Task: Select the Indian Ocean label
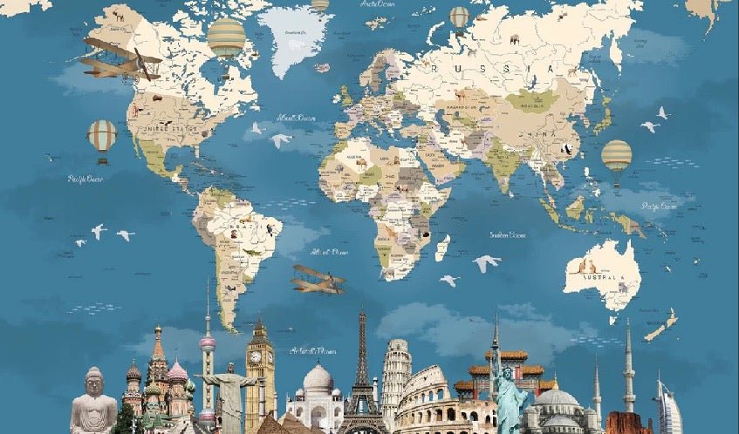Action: coord(507,234)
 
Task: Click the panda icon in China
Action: coord(566,149)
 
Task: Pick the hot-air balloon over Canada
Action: coord(226,37)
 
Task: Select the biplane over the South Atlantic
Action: coord(318,279)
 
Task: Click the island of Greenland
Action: coord(295,39)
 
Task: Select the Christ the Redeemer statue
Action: coord(229,397)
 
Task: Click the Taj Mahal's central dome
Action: coord(318,378)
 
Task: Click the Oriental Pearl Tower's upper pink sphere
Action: coord(207,343)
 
